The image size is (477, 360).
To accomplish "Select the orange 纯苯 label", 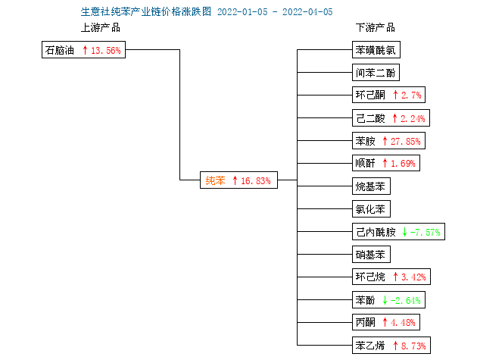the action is pyautogui.click(x=215, y=180).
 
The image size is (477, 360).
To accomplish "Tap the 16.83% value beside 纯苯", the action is pyautogui.click(x=256, y=180).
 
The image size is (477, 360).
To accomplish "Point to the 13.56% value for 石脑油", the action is pyautogui.click(x=106, y=50).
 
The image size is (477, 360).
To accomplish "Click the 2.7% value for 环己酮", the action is pyautogui.click(x=411, y=95).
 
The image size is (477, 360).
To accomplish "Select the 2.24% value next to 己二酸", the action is pyautogui.click(x=413, y=118).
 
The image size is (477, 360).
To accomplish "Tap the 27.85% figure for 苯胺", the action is pyautogui.click(x=406, y=141).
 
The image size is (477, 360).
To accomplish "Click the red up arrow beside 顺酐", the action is pyautogui.click(x=385, y=163).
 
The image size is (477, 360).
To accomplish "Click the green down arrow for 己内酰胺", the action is pyautogui.click(x=404, y=232).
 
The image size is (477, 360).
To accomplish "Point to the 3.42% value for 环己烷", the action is pyautogui.click(x=413, y=277).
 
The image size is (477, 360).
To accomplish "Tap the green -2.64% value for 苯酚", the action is pyautogui.click(x=406, y=300).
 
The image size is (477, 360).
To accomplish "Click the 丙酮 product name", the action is pyautogui.click(x=366, y=322).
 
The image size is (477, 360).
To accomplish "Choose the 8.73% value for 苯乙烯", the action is pyautogui.click(x=413, y=346).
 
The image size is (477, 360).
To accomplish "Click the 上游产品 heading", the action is pyautogui.click(x=101, y=27).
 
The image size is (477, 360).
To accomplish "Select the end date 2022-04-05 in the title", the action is pyautogui.click(x=307, y=12).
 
